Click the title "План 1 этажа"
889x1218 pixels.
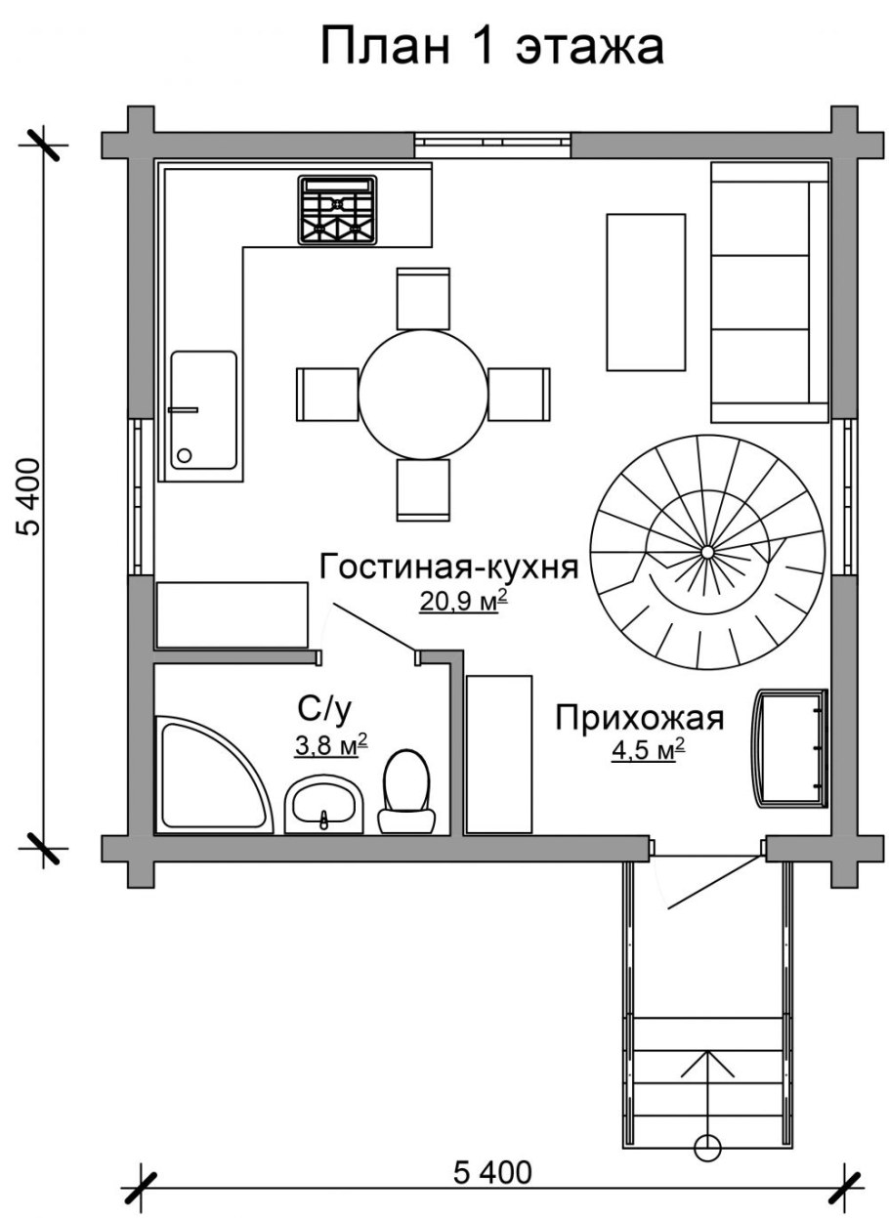[492, 47]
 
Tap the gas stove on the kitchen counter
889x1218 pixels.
[337, 209]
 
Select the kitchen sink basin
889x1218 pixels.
[204, 409]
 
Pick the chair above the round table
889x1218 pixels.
[423, 298]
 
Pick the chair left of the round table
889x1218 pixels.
[326, 395]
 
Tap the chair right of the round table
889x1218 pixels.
[519, 395]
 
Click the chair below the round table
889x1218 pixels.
[423, 489]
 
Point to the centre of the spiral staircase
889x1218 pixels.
[706, 553]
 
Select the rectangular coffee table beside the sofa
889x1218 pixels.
[646, 292]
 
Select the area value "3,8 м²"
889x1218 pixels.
[330, 746]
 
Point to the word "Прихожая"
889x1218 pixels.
[640, 718]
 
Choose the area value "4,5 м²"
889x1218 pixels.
[646, 750]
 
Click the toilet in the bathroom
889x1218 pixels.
[406, 789]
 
